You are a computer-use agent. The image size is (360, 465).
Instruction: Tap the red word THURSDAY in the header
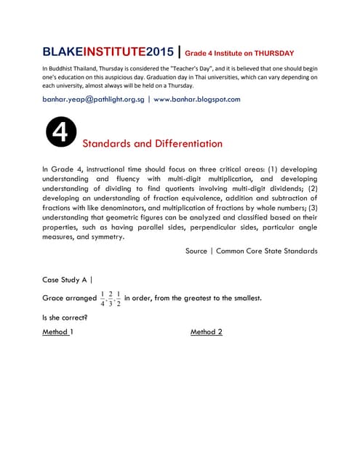pos(268,53)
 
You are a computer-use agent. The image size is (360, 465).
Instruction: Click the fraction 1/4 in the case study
pos(103,299)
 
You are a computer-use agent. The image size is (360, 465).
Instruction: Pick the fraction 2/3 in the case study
pos(111,299)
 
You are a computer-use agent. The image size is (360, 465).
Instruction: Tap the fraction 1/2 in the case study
pos(119,299)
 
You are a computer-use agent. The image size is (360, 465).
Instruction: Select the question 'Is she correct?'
pos(65,317)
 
